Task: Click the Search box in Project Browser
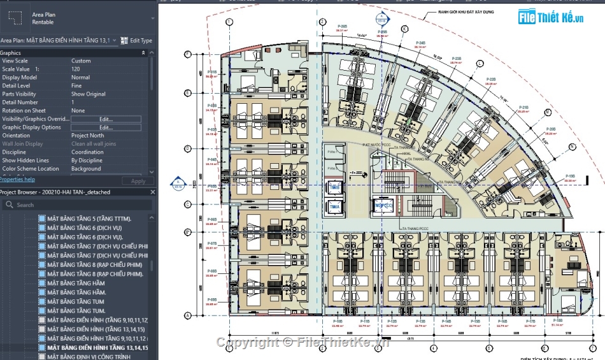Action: pos(76,205)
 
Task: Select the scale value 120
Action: pos(76,69)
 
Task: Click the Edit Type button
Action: pos(137,40)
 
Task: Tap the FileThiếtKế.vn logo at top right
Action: pos(551,17)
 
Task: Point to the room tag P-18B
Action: pos(558,320)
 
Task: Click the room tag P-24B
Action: pos(420,44)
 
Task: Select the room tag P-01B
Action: pos(213,73)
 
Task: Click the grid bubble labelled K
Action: pos(404,29)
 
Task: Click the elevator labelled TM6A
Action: pos(334,207)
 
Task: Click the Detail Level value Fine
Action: pos(76,85)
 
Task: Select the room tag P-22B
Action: pos(490,80)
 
